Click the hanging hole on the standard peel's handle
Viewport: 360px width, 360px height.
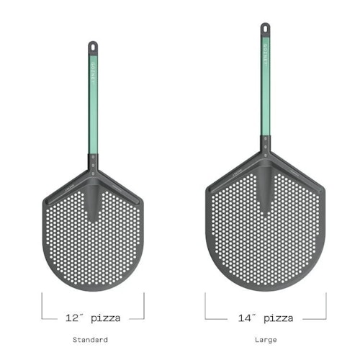pyautogui.click(x=93, y=45)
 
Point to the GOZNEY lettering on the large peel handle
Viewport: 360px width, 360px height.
pyautogui.click(x=266, y=54)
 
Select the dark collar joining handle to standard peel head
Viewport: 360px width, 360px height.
pyautogui.click(x=93, y=161)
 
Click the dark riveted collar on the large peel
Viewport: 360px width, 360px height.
pyautogui.click(x=266, y=147)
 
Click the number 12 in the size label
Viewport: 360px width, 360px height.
pyautogui.click(x=71, y=318)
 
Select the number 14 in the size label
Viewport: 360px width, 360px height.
pyautogui.click(x=244, y=318)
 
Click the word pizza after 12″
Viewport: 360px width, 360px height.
pyautogui.click(x=106, y=318)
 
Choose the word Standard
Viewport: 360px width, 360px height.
pyautogui.click(x=91, y=339)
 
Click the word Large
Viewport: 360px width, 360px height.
pyautogui.click(x=266, y=339)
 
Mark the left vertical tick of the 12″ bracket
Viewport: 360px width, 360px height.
pyautogui.click(x=42, y=305)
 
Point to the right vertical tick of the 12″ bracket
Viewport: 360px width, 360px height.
pyautogui.click(x=144, y=305)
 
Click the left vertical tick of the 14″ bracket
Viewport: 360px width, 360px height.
pyautogui.click(x=205, y=305)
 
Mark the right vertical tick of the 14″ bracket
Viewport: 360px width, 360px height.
pyautogui.click(x=326, y=305)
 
